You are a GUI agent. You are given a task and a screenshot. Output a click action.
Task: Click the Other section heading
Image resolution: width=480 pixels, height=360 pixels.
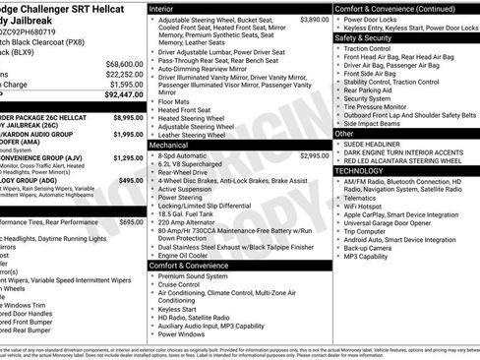point(344,133)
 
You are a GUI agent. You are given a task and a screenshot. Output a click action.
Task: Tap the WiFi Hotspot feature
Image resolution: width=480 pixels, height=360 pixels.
point(371,205)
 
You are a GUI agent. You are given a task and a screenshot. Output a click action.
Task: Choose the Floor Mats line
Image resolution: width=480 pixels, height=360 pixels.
point(175,100)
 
